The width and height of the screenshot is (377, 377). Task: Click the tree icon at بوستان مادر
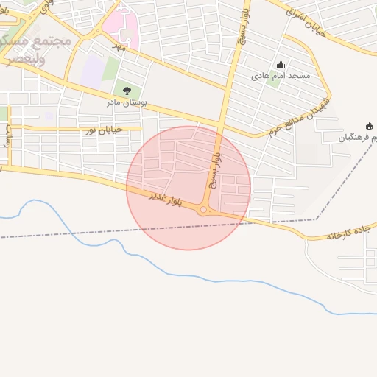point(127,91)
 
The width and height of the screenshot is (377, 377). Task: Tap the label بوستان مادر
point(127,102)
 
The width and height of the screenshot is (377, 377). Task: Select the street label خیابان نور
point(102,130)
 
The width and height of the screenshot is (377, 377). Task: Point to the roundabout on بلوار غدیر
point(204,211)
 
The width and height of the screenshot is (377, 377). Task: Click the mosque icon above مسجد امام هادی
point(281,65)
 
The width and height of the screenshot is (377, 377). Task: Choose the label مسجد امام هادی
point(281,76)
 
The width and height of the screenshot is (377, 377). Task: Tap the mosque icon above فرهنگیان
point(369,126)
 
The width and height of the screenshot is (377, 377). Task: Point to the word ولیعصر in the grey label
point(24,59)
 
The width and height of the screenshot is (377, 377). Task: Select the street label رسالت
point(9,135)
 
